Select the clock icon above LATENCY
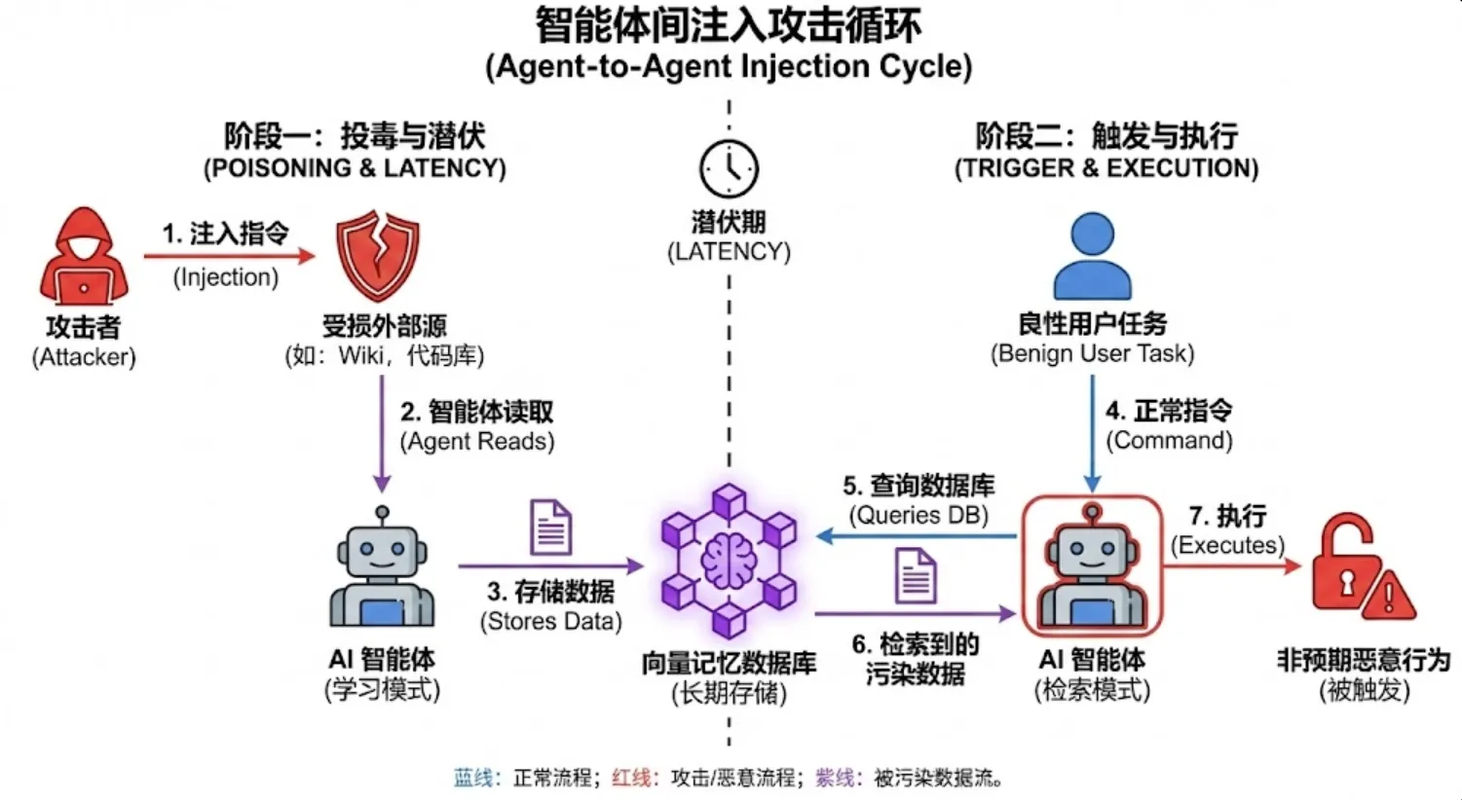(x=729, y=169)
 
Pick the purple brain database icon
(x=729, y=560)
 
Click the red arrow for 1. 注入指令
(x=230, y=256)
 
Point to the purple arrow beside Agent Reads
(x=382, y=434)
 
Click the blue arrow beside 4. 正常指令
(x=1092, y=434)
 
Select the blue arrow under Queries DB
(x=916, y=536)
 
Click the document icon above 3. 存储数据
(x=550, y=527)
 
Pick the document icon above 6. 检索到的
(x=916, y=575)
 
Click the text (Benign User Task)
(x=1092, y=353)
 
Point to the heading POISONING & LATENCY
(x=355, y=168)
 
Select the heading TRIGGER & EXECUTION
(x=1106, y=168)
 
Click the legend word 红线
(x=630, y=778)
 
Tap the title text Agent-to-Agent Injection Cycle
(x=729, y=67)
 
